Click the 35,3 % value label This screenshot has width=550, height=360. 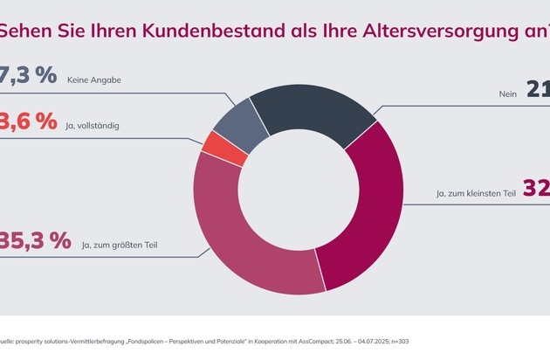coord(36,241)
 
